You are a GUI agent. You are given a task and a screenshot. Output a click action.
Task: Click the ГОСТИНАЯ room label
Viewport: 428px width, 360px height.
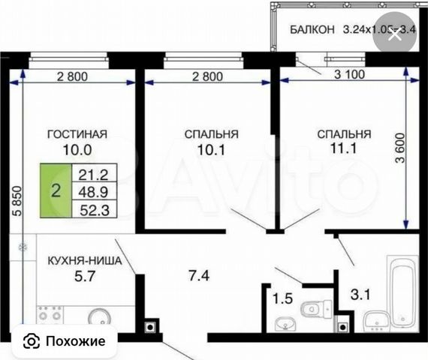(77, 134)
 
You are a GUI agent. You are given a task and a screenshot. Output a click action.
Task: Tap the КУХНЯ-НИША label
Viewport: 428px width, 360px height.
(85, 261)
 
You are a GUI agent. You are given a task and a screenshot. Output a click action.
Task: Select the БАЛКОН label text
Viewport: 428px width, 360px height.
(312, 29)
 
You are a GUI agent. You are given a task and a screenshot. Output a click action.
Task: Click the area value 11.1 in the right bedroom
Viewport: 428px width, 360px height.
(344, 148)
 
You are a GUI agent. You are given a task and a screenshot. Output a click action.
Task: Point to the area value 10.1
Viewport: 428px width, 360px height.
(211, 150)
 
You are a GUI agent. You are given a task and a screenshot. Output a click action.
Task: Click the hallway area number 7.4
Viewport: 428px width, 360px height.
(199, 275)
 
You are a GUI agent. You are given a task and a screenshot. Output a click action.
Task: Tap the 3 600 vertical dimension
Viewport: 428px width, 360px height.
(400, 148)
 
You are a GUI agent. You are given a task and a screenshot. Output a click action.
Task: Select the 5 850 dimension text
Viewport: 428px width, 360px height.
(17, 201)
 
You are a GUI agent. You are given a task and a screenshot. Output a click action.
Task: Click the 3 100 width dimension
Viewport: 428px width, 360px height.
(349, 74)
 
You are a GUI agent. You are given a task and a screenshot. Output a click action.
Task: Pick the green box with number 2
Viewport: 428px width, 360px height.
(56, 190)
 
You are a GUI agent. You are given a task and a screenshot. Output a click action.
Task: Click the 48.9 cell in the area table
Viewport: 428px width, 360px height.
(94, 192)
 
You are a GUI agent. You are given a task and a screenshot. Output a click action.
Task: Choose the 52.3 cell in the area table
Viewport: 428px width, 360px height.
(95, 210)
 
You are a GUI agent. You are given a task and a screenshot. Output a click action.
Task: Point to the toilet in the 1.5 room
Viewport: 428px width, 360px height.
(315, 309)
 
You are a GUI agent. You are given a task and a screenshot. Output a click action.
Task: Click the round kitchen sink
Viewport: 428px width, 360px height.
(100, 317)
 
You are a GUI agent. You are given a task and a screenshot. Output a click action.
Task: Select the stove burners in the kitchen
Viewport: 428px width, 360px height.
(50, 315)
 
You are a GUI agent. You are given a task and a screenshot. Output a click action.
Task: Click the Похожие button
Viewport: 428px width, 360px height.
(65, 341)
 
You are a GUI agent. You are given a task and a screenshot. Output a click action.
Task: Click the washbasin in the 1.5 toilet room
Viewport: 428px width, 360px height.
(285, 324)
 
